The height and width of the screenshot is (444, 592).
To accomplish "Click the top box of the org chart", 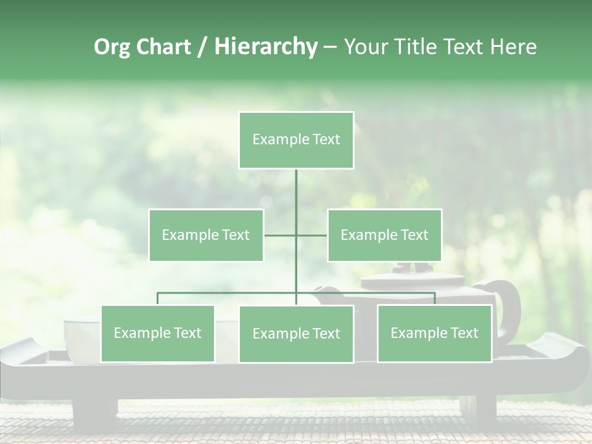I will click(x=296, y=140).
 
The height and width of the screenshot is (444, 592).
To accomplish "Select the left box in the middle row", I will click(x=206, y=235).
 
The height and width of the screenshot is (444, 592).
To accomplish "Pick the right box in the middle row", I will click(x=384, y=235).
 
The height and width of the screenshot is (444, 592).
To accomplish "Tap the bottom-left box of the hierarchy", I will click(x=157, y=333).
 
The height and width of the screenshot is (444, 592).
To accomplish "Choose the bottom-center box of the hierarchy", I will click(x=296, y=334).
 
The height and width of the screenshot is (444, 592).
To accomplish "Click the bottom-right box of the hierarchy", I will click(x=434, y=333).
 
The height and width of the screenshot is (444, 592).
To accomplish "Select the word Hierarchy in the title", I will click(x=266, y=47).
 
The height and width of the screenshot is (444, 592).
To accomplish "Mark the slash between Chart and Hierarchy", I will click(x=203, y=47).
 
